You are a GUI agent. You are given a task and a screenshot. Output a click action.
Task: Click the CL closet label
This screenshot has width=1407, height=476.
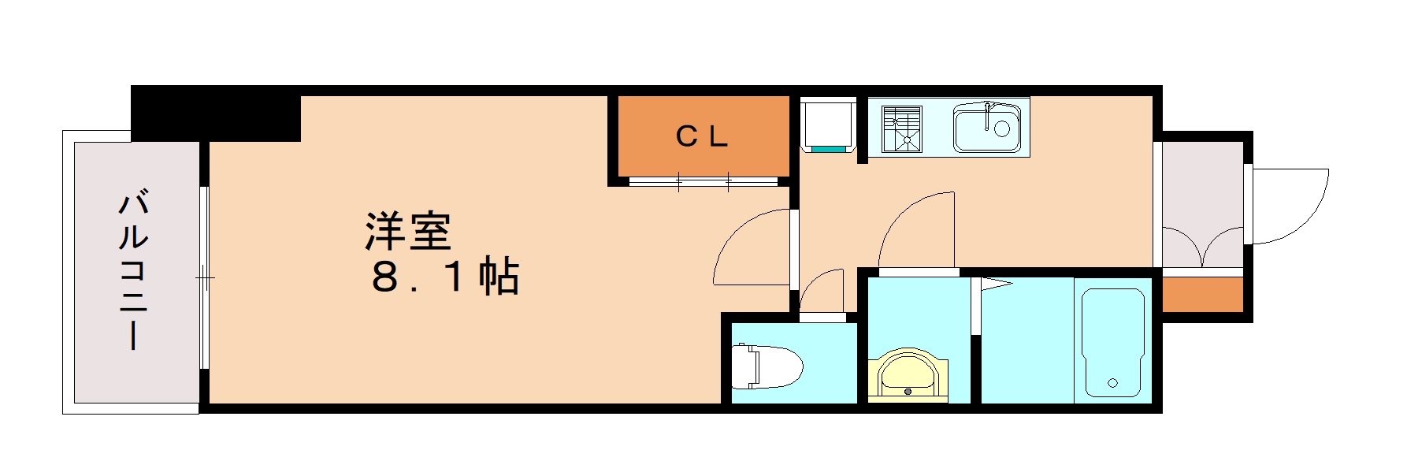click(701, 137)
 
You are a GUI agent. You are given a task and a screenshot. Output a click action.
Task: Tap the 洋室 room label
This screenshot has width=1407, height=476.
click(407, 231)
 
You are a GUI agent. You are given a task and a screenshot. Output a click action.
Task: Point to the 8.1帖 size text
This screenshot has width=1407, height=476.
click(444, 277)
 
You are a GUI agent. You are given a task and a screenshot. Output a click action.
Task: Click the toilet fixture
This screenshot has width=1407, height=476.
click(766, 366)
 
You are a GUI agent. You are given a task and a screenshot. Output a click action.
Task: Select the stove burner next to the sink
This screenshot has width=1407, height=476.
click(902, 128)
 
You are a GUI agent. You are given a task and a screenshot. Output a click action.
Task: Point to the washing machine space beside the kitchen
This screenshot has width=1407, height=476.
click(828, 124)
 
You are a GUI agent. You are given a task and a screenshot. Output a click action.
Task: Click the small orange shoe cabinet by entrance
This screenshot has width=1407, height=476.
click(1202, 295)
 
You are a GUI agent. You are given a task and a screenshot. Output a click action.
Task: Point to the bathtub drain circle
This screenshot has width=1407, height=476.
click(1112, 384)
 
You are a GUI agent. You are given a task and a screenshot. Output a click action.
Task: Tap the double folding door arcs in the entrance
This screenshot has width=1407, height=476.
click(1202, 246)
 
